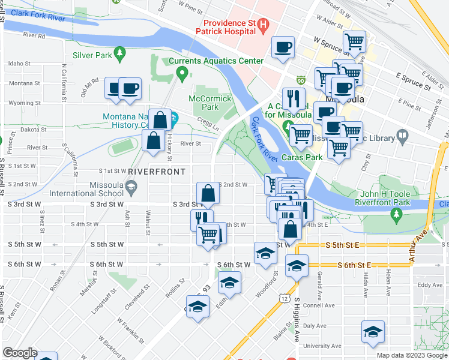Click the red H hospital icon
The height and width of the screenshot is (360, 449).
click(x=263, y=25)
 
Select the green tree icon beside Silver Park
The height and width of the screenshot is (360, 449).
click(x=120, y=55)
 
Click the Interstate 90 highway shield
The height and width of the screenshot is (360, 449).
click(x=301, y=80)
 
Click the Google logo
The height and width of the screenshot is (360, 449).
click(x=20, y=353)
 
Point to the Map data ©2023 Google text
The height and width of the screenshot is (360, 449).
click(x=411, y=355)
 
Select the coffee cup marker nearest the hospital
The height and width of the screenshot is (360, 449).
click(x=283, y=47)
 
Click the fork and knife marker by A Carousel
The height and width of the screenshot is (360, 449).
click(x=294, y=97)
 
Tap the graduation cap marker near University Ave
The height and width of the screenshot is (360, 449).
click(x=373, y=331)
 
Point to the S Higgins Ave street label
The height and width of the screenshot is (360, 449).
click(x=297, y=319)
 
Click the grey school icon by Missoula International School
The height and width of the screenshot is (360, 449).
click(x=130, y=187)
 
